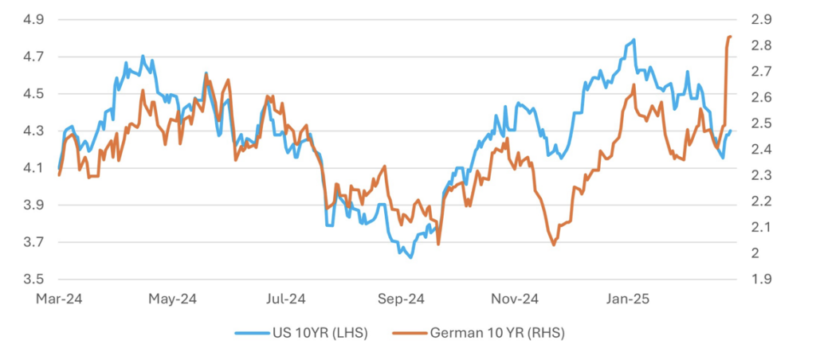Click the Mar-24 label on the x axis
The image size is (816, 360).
tap(60, 300)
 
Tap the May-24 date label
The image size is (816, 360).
tap(173, 300)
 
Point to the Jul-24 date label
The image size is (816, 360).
tap(285, 300)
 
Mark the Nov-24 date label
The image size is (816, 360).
tap(515, 300)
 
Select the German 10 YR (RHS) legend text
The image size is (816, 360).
tap(497, 334)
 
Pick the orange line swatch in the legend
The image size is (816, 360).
tap(409, 334)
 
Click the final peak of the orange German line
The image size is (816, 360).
tap(730, 37)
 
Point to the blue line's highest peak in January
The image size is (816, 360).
tap(634, 40)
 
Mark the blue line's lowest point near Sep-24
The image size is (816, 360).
tap(410, 257)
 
